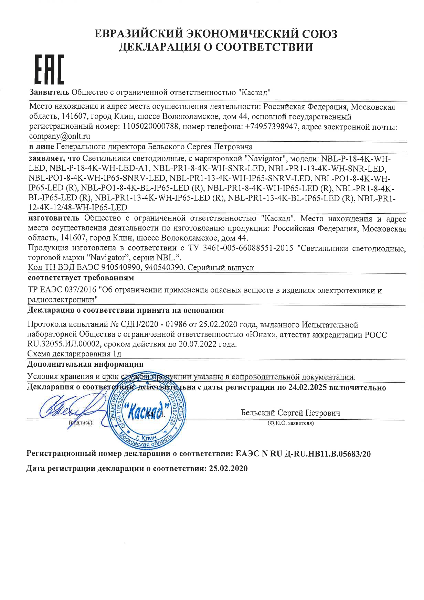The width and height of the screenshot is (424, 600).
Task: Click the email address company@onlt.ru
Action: pos(59,136)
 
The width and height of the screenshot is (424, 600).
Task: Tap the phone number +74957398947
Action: pos(271,127)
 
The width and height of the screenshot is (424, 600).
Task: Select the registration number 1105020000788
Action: pos(151,127)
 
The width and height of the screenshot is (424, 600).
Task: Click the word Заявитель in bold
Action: pos(49,93)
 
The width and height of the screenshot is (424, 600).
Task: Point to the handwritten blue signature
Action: pos(65,410)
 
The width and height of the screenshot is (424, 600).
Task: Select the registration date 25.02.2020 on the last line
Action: pos(228,469)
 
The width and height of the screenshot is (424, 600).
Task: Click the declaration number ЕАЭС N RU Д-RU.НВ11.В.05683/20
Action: pos(304,454)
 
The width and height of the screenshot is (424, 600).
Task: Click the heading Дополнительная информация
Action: pos(85,364)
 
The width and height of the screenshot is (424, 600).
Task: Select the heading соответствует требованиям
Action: pos(81,278)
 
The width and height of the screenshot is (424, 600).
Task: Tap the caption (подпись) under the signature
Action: pos(80,423)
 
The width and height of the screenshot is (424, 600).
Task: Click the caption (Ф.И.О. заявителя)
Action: pos(290,423)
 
